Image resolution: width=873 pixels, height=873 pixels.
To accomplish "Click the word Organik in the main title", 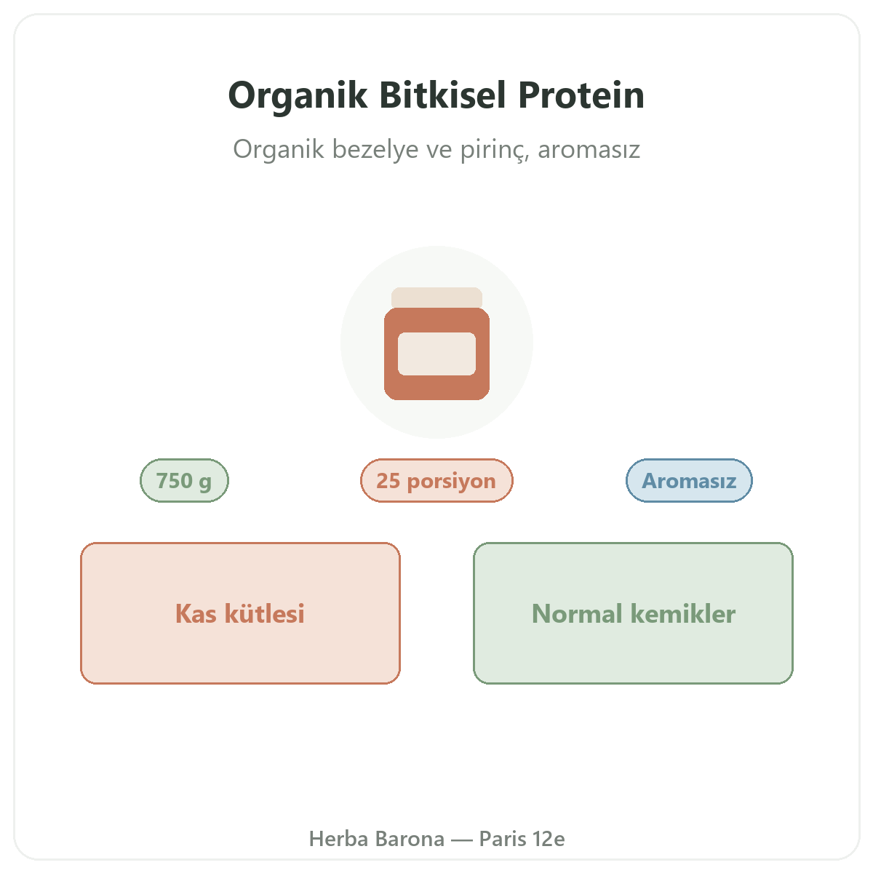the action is click(x=298, y=96).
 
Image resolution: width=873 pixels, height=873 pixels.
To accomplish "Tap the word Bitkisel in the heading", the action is click(x=442, y=95).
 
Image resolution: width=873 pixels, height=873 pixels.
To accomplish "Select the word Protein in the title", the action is click(x=581, y=95).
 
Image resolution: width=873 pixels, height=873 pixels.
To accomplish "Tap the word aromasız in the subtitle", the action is click(x=589, y=150).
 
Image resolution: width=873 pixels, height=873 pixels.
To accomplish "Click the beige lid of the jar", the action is click(x=436, y=298).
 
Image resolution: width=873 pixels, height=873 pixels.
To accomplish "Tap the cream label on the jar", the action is click(x=436, y=354).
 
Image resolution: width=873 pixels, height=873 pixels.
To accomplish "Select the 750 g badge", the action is click(x=184, y=480).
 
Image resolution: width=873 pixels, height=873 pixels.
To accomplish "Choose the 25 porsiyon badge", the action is click(x=436, y=480).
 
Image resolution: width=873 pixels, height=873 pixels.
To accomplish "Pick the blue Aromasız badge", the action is click(x=689, y=480).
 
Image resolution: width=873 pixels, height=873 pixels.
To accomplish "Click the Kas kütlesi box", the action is click(x=240, y=613).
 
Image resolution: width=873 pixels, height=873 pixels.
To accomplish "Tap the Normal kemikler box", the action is click(x=633, y=613).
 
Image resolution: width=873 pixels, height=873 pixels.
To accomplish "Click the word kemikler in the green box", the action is click(x=682, y=614).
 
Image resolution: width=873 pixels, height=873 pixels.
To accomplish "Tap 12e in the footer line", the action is click(x=549, y=839).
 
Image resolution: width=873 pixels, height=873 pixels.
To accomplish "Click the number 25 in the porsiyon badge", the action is click(x=388, y=480).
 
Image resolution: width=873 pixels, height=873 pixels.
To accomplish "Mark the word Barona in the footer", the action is click(x=410, y=839).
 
